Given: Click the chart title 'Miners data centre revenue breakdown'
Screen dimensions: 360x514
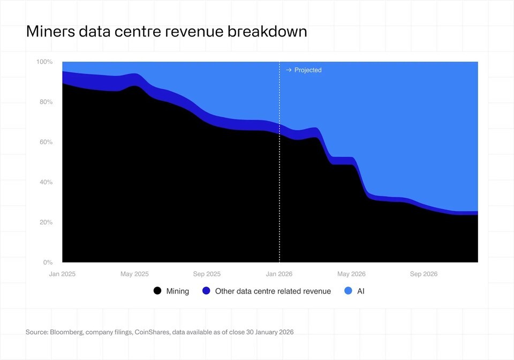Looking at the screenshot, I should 167,32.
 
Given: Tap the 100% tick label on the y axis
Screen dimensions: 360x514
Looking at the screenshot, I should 44,62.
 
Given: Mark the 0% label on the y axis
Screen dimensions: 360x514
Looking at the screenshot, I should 47,262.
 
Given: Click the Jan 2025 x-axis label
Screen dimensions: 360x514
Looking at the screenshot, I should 62,274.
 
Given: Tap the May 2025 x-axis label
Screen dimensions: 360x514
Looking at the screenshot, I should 134,274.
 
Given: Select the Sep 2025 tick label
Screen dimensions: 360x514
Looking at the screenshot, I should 207,274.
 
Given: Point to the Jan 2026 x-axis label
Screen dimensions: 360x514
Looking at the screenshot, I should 279,274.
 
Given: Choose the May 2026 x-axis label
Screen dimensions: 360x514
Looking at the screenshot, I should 351,274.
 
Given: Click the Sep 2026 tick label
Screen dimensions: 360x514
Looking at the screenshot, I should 424,274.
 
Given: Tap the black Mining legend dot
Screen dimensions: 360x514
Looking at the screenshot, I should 157,291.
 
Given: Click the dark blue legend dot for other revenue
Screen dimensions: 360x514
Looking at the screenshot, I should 206,291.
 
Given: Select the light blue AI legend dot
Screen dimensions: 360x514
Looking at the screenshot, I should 349,291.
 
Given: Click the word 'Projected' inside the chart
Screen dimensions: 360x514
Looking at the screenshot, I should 308,70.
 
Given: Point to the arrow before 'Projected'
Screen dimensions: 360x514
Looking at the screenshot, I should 288,70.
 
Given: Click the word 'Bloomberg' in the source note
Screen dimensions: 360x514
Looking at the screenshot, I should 66,332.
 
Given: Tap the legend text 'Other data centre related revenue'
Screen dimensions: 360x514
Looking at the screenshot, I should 273,291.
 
